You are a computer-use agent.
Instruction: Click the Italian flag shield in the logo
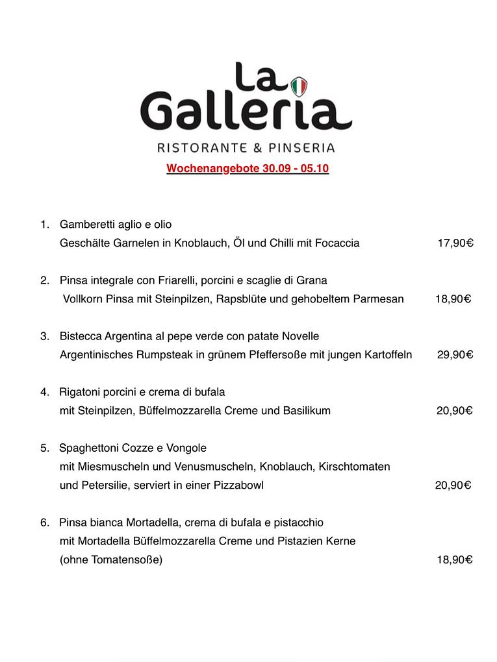[x=299, y=86]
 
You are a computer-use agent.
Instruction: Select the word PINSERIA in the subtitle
[x=302, y=147]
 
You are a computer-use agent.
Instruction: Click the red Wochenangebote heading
[x=248, y=169]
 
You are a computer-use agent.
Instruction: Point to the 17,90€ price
[x=455, y=243]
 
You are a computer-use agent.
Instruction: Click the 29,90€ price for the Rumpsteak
[x=455, y=355]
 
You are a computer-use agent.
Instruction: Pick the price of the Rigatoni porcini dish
[x=454, y=411]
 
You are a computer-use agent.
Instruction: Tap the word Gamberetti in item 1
[x=87, y=225]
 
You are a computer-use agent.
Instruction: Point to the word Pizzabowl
[x=238, y=485]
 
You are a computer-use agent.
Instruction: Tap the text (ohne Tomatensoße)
[x=110, y=560]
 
